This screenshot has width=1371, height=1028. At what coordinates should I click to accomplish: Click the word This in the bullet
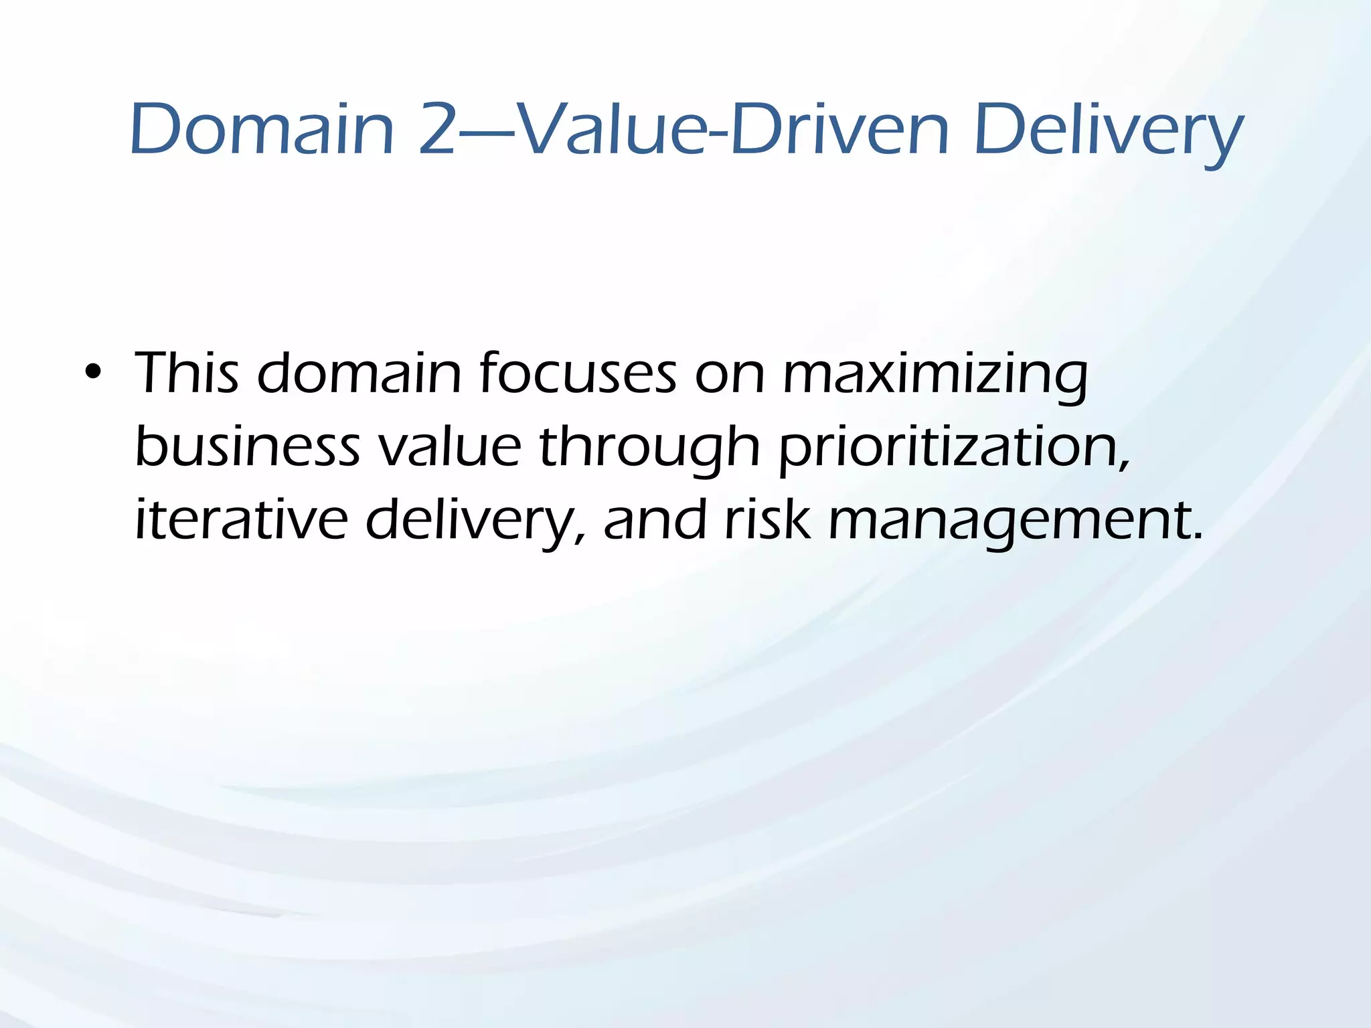(187, 373)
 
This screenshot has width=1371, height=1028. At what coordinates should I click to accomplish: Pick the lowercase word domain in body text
(359, 373)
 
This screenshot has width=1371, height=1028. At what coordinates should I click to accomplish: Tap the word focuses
(578, 373)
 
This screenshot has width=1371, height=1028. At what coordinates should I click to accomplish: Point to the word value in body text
(449, 447)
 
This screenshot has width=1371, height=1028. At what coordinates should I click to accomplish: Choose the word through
(649, 447)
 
